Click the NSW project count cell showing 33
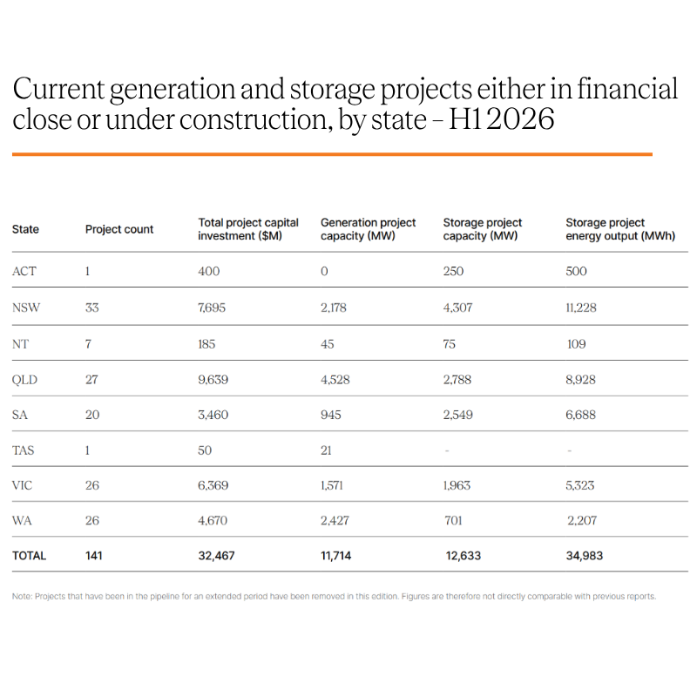pos(92,308)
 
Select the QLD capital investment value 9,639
pos(213,380)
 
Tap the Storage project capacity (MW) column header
pos(483,229)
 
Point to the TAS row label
pos(24,450)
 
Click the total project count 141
pos(94,556)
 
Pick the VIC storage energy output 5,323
pos(579,485)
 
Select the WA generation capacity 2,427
pos(335,520)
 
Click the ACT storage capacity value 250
pos(453,271)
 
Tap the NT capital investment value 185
pos(206,344)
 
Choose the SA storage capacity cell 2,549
pos(458,415)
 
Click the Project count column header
pos(119,229)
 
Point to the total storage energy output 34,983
pos(584,556)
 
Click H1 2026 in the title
pos(502,119)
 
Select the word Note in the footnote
pos(21,597)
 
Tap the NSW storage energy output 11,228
pos(581,308)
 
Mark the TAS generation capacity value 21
pos(326,450)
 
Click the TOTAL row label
pos(29,556)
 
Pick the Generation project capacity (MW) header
pos(368,229)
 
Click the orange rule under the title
pos(332,154)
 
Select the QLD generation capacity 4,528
pos(335,380)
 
